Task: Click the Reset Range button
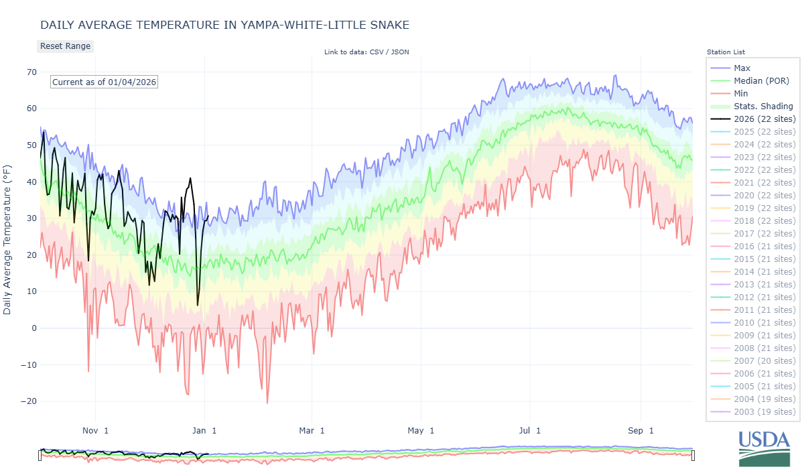pyautogui.click(x=65, y=46)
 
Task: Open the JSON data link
pyautogui.click(x=400, y=52)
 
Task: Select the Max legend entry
pyautogui.click(x=742, y=68)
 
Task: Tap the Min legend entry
pyautogui.click(x=741, y=94)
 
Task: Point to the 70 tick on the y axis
pyautogui.click(x=31, y=72)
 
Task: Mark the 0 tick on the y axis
pyautogui.click(x=33, y=328)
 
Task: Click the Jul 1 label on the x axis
pyautogui.click(x=529, y=431)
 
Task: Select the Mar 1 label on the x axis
pyautogui.click(x=312, y=431)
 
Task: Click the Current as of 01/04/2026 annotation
pyautogui.click(x=105, y=82)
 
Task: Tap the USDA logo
pyautogui.click(x=764, y=447)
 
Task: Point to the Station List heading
pyautogui.click(x=726, y=52)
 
